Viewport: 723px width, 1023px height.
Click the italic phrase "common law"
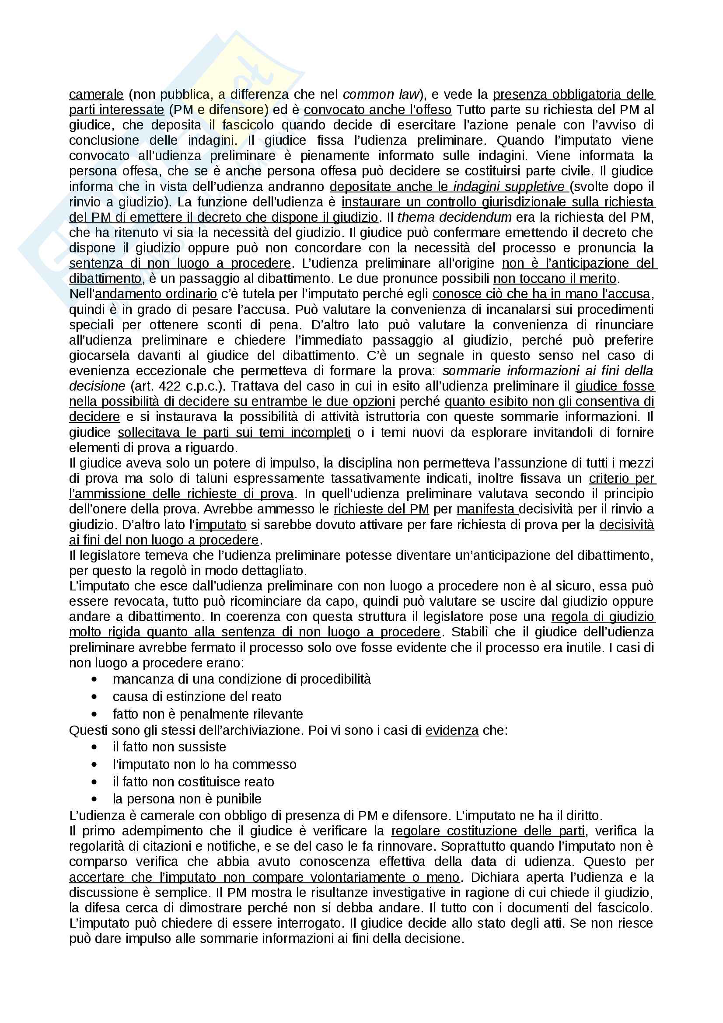pyautogui.click(x=381, y=94)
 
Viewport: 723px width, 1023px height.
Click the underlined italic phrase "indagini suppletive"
pyautogui.click(x=509, y=187)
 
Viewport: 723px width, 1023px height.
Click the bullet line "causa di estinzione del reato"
pyautogui.click(x=197, y=697)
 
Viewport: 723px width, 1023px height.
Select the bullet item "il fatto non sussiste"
pyautogui.click(x=169, y=747)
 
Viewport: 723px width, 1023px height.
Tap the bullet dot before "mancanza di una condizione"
pyautogui.click(x=94, y=680)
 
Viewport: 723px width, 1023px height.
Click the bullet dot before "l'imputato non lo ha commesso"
pyautogui.click(x=94, y=765)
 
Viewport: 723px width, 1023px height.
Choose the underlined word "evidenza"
pyautogui.click(x=452, y=730)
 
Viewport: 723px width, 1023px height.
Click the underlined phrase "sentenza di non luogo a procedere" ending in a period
pyautogui.click(x=179, y=263)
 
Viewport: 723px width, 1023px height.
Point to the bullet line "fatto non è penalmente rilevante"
pyautogui.click(x=208, y=714)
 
